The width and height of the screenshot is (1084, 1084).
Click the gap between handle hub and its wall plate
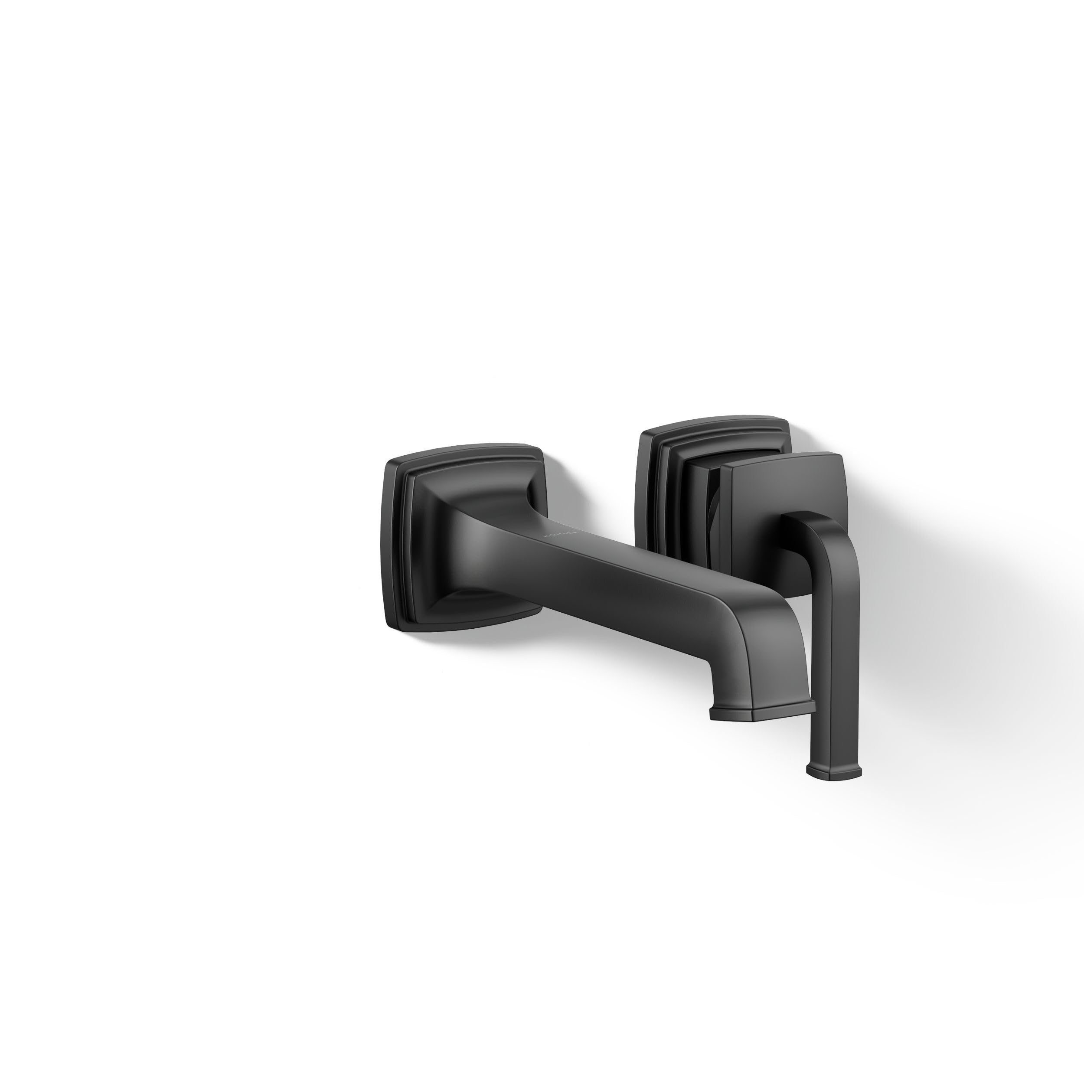click(713, 505)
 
